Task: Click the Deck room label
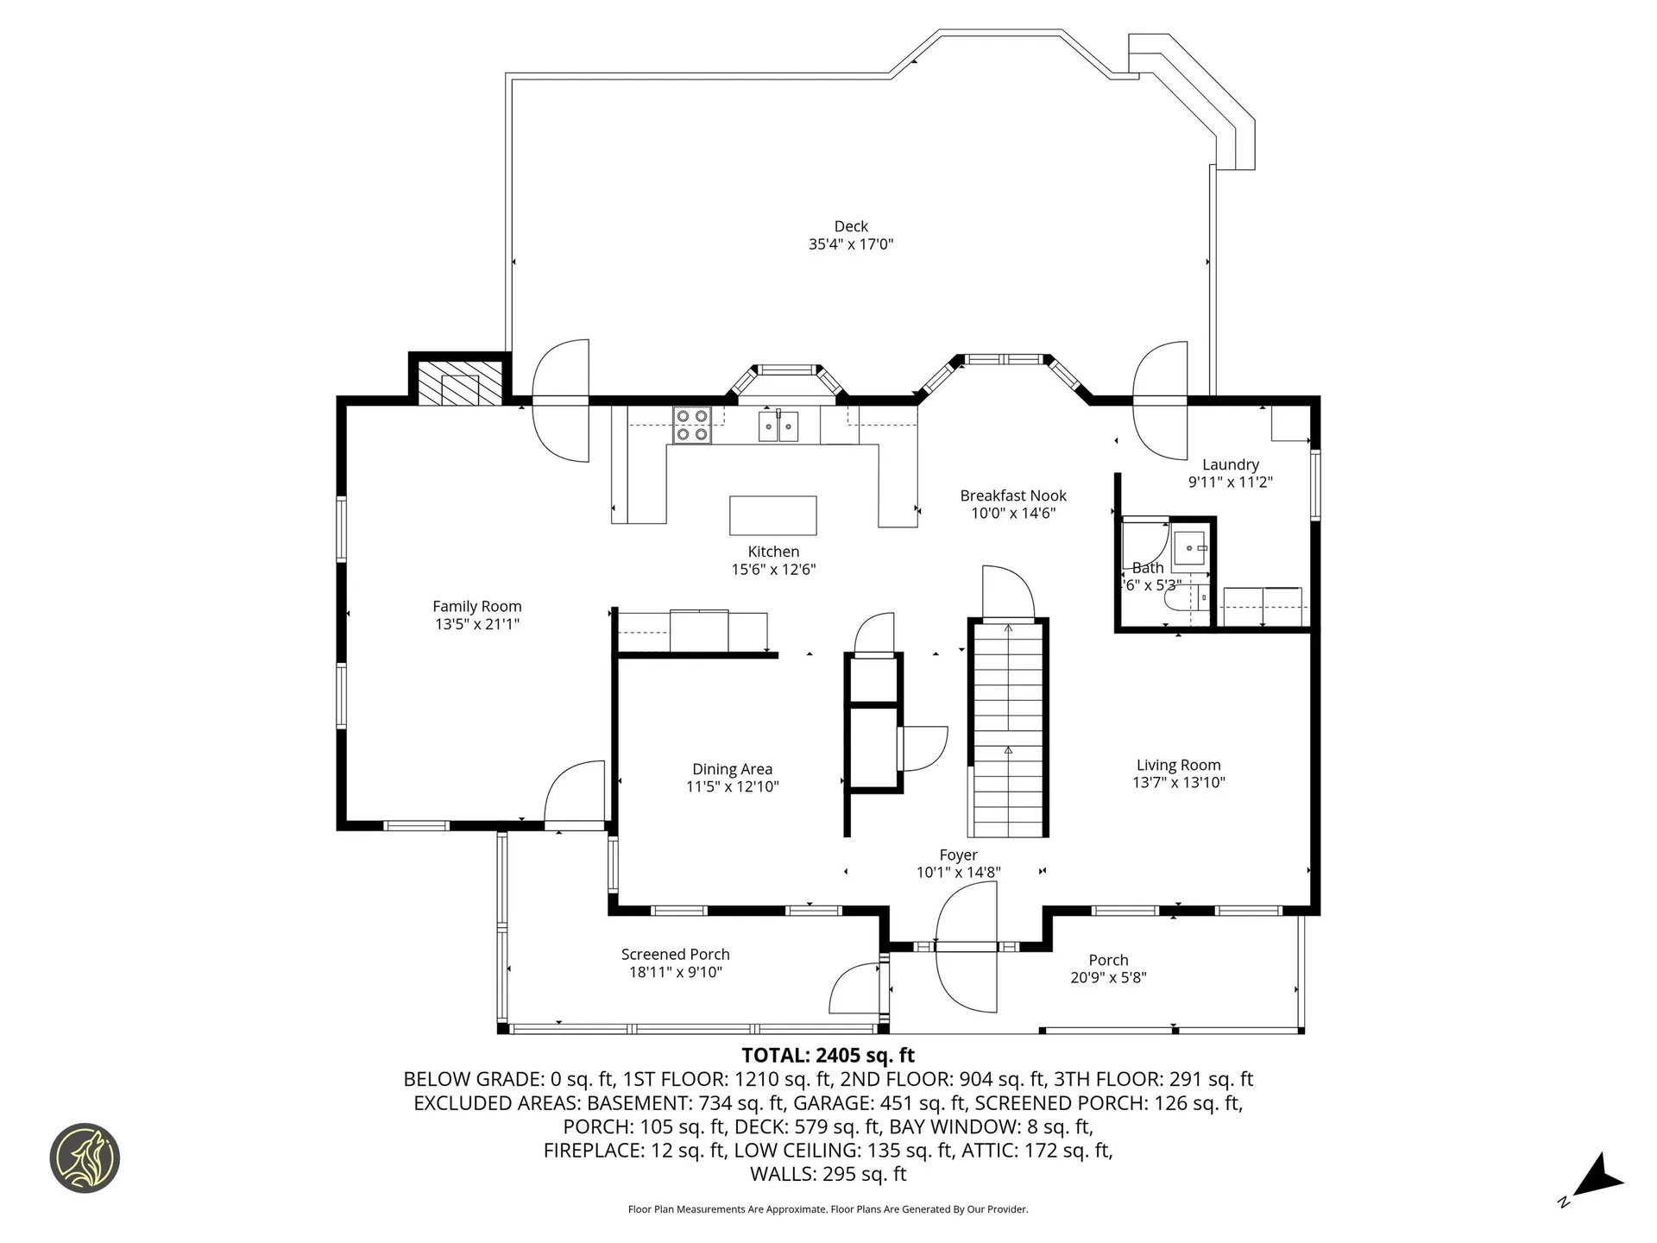pyautogui.click(x=850, y=226)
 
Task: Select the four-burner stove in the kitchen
pyautogui.click(x=691, y=425)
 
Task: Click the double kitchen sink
pyautogui.click(x=778, y=426)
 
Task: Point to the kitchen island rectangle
pyautogui.click(x=772, y=515)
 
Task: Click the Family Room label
pyautogui.click(x=476, y=606)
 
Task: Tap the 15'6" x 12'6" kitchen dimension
pyautogui.click(x=772, y=570)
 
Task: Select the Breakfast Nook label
pyautogui.click(x=1012, y=495)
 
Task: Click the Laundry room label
pyautogui.click(x=1230, y=464)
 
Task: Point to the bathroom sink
pyautogui.click(x=1192, y=548)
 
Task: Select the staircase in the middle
pyautogui.click(x=1007, y=729)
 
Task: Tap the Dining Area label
pyautogui.click(x=732, y=769)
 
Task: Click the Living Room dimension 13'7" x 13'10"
pyautogui.click(x=1178, y=783)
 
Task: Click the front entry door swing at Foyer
pyautogui.click(x=967, y=950)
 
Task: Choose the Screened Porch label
pyautogui.click(x=675, y=954)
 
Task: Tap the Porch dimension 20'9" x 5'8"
pyautogui.click(x=1107, y=978)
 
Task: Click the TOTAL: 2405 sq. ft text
pyautogui.click(x=828, y=1055)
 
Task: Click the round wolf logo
pyautogui.click(x=85, y=1158)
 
